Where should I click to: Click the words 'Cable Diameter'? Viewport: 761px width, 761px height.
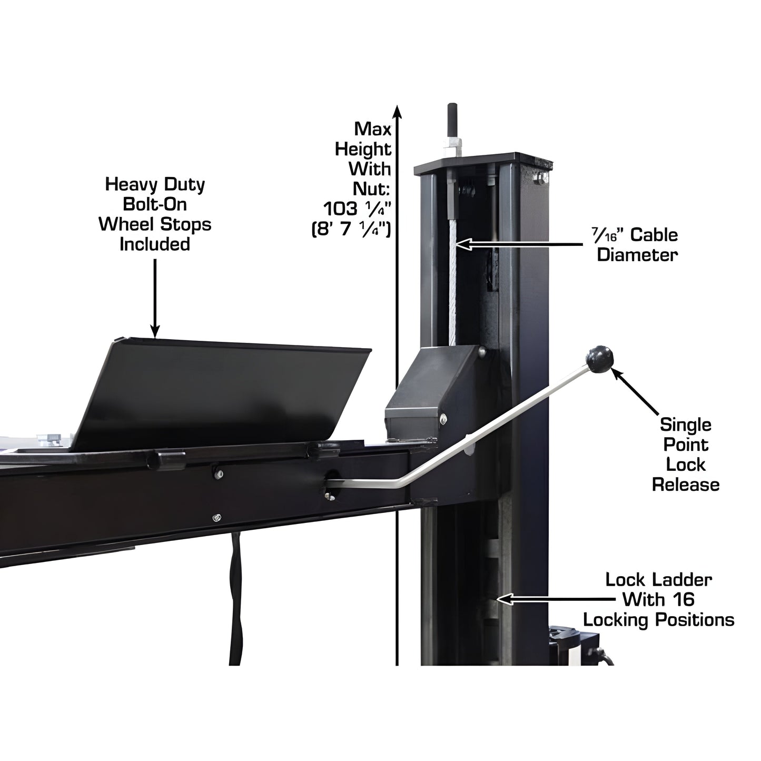coord(637,245)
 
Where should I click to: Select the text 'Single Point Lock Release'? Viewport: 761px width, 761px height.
coord(685,454)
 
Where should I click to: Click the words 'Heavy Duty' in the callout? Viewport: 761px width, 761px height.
coord(155,184)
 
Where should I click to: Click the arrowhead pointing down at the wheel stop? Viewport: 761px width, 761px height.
coord(155,331)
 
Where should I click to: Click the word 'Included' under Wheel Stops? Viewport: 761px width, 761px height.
coord(155,244)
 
